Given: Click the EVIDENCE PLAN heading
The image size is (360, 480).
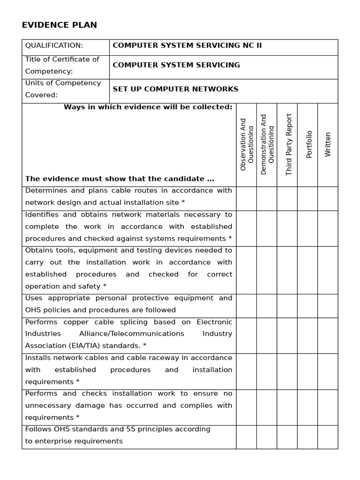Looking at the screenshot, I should (60, 25).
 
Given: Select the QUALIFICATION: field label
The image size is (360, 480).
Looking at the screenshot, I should (54, 45).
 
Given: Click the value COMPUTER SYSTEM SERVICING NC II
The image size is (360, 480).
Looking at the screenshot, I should (187, 45).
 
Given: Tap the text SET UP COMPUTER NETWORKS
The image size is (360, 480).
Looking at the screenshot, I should (175, 89).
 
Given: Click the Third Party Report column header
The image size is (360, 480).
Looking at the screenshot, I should (289, 144).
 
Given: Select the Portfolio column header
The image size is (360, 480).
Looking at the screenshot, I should (309, 144).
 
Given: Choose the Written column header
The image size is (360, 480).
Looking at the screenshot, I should (328, 144).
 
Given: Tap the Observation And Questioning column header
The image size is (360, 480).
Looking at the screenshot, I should (246, 144).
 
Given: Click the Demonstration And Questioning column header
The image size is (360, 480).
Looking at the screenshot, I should (267, 144).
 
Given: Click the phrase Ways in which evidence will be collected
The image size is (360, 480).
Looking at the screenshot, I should (148, 107).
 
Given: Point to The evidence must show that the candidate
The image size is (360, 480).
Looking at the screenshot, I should (120, 179).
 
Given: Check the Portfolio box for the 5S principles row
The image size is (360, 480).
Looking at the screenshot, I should (307, 437).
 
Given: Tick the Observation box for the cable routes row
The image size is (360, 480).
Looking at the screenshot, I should (246, 199).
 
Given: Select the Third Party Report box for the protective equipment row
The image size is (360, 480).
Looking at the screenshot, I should (287, 306).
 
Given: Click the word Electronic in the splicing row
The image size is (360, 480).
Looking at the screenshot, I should (214, 322).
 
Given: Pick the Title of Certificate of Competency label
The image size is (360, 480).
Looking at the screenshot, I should (62, 65).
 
